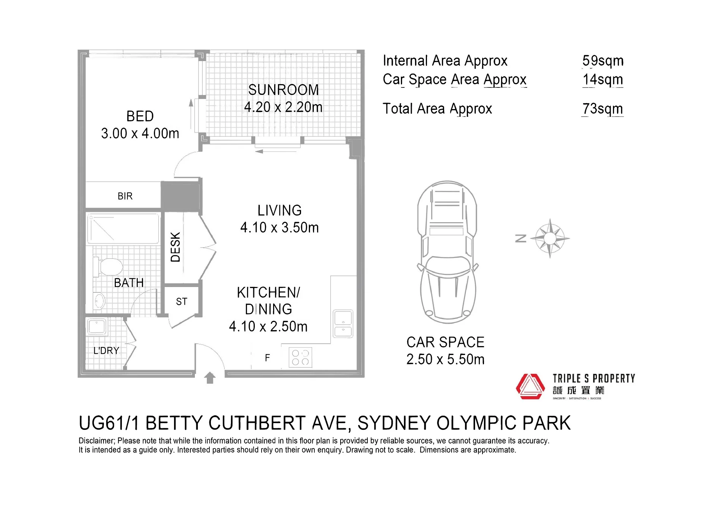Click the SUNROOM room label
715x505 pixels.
pyautogui.click(x=284, y=90)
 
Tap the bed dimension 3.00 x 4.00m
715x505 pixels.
pyautogui.click(x=140, y=133)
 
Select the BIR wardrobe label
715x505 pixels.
pyautogui.click(x=125, y=196)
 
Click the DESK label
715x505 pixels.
pyautogui.click(x=175, y=247)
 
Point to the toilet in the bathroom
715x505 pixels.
pyautogui.click(x=108, y=266)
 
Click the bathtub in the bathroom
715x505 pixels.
pyautogui.click(x=123, y=228)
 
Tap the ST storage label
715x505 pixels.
pyautogui.click(x=181, y=301)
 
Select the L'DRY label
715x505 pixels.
pyautogui.click(x=106, y=351)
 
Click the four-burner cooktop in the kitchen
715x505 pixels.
pyautogui.click(x=300, y=357)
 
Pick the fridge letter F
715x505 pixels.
pyautogui.click(x=267, y=358)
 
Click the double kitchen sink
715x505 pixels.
pyautogui.click(x=343, y=323)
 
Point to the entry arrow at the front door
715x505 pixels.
pyautogui.click(x=210, y=377)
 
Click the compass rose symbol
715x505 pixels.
pyautogui.click(x=550, y=238)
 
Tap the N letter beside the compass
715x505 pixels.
pyautogui.click(x=521, y=239)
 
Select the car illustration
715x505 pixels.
pyautogui.click(x=447, y=252)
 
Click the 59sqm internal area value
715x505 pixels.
pyautogui.click(x=603, y=61)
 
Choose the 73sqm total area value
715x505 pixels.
pyautogui.click(x=602, y=109)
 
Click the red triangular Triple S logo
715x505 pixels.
pyautogui.click(x=530, y=386)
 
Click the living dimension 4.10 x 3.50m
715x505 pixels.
pyautogui.click(x=279, y=227)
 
